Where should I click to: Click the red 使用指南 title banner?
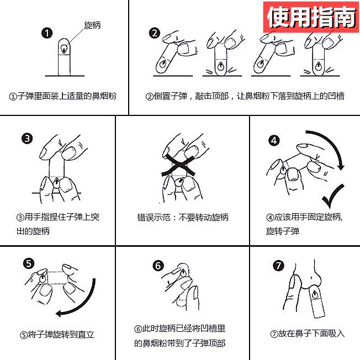click(311, 17)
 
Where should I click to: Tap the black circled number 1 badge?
click(47, 33)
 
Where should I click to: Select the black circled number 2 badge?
click(155, 33)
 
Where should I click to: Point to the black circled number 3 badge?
click(27, 139)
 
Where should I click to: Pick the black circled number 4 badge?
click(274, 140)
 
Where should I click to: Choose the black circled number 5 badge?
click(29, 263)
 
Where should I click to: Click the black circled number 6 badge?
click(158, 266)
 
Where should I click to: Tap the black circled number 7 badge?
click(278, 266)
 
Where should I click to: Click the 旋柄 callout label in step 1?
click(92, 25)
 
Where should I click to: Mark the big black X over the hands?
click(178, 165)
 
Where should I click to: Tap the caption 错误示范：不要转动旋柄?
click(183, 217)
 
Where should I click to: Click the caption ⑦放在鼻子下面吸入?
click(308, 333)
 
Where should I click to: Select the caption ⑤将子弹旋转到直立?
click(57, 335)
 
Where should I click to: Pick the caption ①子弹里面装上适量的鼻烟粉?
click(63, 96)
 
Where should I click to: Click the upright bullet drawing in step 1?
click(64, 57)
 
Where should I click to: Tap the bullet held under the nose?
click(317, 301)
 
